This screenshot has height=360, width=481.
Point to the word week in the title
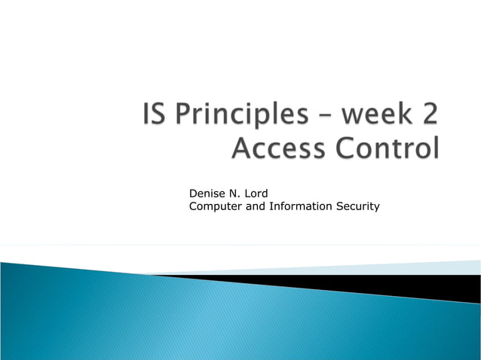(375, 118)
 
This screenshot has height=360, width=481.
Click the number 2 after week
(428, 118)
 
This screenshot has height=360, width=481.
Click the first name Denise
(207, 194)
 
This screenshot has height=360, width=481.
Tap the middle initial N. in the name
(234, 194)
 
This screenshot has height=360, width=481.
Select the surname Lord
(256, 194)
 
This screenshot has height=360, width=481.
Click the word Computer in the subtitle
(216, 206)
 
